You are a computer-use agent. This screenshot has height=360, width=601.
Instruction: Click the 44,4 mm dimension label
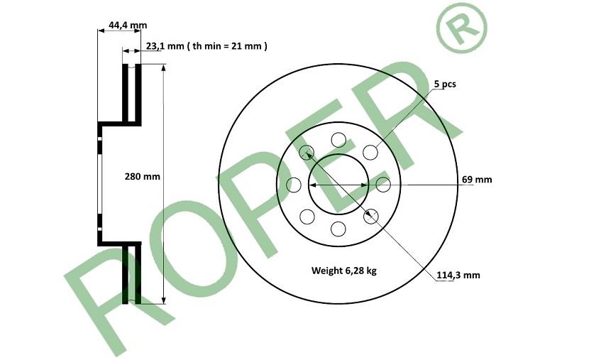click(x=128, y=26)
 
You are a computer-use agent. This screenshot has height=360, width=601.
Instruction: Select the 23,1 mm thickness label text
click(x=165, y=46)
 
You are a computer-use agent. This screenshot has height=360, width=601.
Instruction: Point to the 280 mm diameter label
click(x=142, y=177)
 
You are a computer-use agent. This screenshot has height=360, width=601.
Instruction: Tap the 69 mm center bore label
click(x=477, y=180)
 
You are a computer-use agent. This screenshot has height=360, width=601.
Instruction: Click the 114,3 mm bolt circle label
click(x=458, y=276)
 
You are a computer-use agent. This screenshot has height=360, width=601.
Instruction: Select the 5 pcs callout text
click(x=445, y=84)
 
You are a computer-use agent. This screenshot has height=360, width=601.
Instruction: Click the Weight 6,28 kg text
click(x=344, y=271)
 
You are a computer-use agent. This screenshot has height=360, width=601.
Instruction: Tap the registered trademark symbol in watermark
click(x=461, y=27)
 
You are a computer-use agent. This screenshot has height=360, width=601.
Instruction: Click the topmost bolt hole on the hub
click(x=338, y=140)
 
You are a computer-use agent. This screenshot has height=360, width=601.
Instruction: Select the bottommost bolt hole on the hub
click(x=338, y=229)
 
